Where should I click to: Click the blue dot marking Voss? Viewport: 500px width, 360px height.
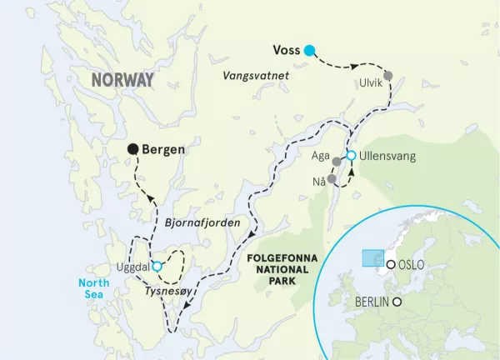pyautogui.click(x=310, y=51)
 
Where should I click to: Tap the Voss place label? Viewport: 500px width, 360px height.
pyautogui.click(x=287, y=50)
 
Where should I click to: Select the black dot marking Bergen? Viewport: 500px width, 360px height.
pyautogui.click(x=132, y=149)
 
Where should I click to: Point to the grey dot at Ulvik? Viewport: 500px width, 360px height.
pyautogui.click(x=388, y=76)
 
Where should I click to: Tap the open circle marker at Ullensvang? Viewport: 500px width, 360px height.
pyautogui.click(x=351, y=156)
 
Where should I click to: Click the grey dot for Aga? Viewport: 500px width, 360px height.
pyautogui.click(x=337, y=162)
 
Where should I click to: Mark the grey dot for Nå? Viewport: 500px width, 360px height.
pyautogui.click(x=332, y=179)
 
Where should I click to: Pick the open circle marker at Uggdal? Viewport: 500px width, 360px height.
pyautogui.click(x=157, y=267)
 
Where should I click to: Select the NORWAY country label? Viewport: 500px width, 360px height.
pyautogui.click(x=123, y=80)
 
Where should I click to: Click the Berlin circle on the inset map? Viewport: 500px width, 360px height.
pyautogui.click(x=398, y=302)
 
